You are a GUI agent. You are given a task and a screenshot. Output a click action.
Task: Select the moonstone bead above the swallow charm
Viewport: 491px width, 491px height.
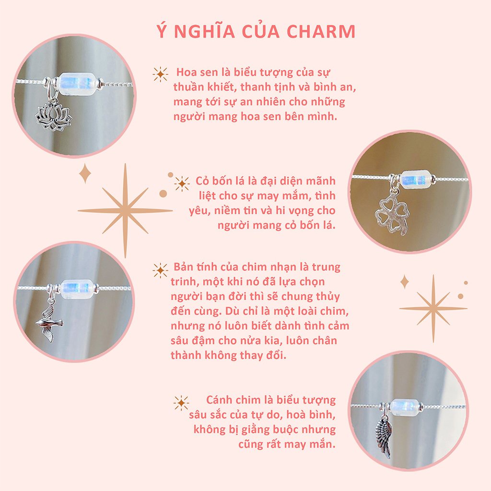[x=77, y=288]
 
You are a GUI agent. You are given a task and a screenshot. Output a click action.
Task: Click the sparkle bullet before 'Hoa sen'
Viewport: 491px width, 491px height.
[x=160, y=74]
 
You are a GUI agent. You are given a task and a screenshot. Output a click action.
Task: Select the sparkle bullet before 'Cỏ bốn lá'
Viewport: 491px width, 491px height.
[x=182, y=183]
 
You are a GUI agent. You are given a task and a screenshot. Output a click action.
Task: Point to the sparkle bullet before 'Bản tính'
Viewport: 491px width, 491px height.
[x=160, y=270]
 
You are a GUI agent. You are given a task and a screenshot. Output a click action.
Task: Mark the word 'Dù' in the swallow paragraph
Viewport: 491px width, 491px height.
[x=245, y=311]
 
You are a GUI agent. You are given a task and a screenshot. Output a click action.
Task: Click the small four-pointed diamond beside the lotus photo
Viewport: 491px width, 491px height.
[x=85, y=173]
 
